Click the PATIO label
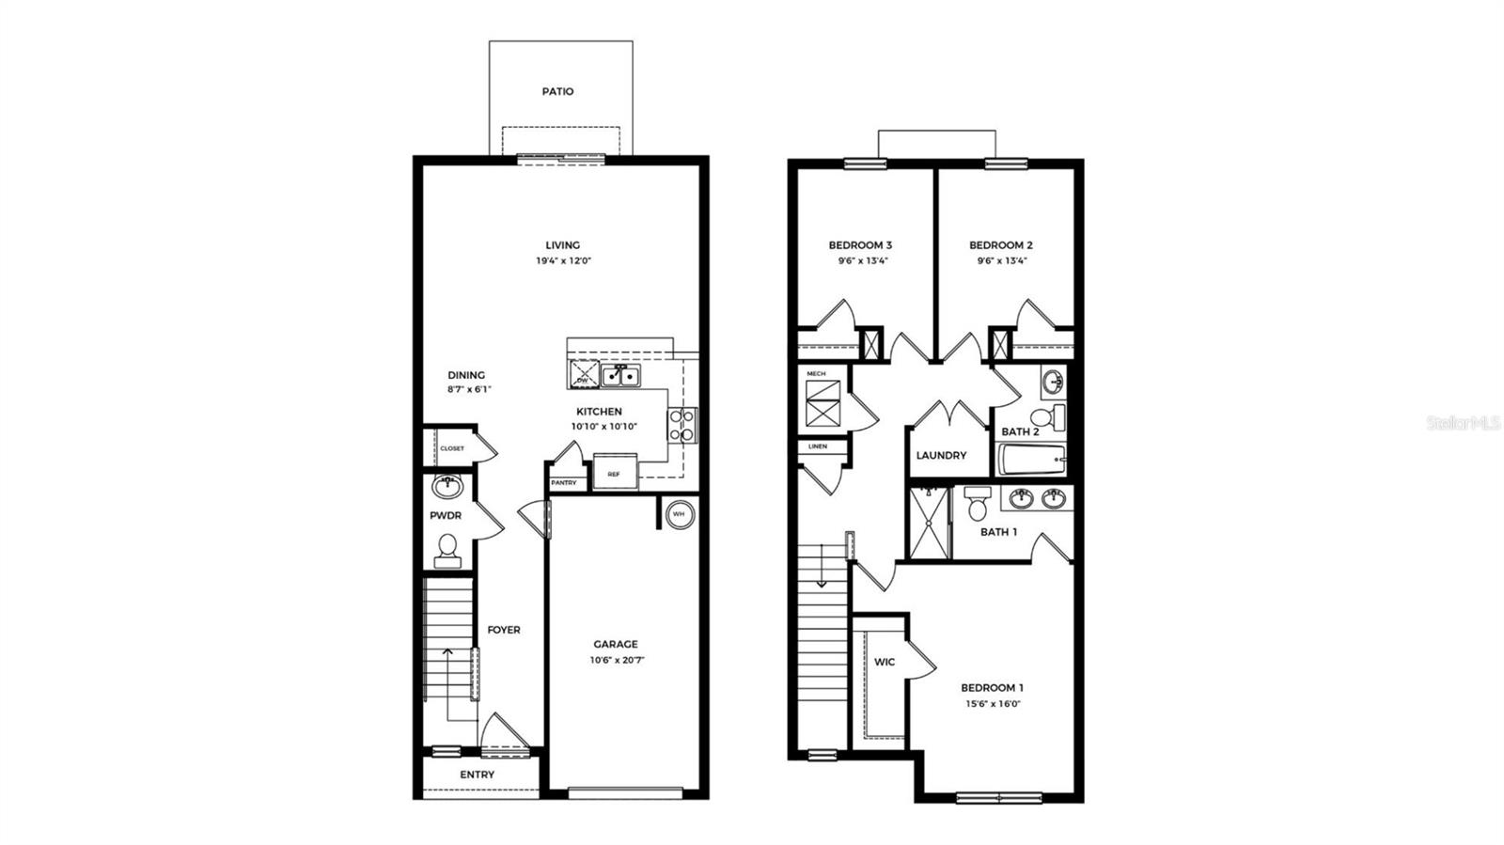coord(557,91)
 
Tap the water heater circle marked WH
coord(679,515)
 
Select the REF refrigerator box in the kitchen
coord(614,474)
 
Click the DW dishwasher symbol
coord(583,375)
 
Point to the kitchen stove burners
coord(681,424)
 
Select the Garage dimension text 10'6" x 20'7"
coord(616,660)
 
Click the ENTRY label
coord(477,775)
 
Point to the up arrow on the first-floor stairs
coord(447,653)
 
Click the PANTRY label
coord(564,483)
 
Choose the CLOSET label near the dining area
coord(452,448)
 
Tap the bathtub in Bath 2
coord(1029,460)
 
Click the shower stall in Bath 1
coord(929,523)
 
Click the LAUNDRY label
coord(941,455)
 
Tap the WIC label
coord(885,662)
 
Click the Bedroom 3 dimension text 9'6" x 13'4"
coord(860,261)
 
